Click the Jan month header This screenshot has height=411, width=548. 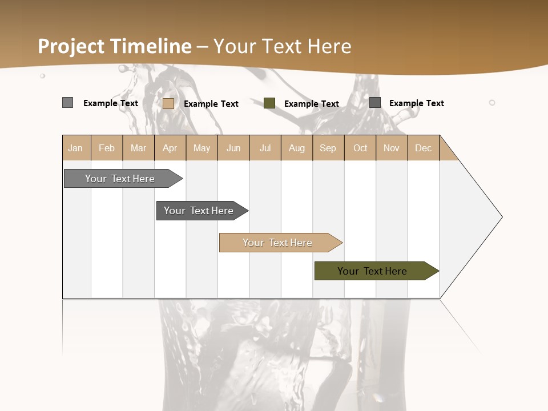click(75, 148)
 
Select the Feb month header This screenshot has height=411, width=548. click(107, 148)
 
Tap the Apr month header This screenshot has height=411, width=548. click(170, 148)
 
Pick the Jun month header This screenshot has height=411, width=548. click(233, 148)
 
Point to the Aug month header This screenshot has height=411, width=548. click(296, 148)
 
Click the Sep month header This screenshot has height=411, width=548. click(328, 148)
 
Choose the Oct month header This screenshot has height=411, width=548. click(360, 148)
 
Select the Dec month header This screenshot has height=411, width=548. click(423, 148)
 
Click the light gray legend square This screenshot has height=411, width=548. click(67, 103)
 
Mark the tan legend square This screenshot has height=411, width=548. click(168, 103)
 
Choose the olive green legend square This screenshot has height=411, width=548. click(269, 103)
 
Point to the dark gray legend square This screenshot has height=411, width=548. click(375, 103)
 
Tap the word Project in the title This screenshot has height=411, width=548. click(72, 46)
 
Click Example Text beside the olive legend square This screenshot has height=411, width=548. click(312, 104)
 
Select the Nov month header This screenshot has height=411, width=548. click(392, 148)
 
